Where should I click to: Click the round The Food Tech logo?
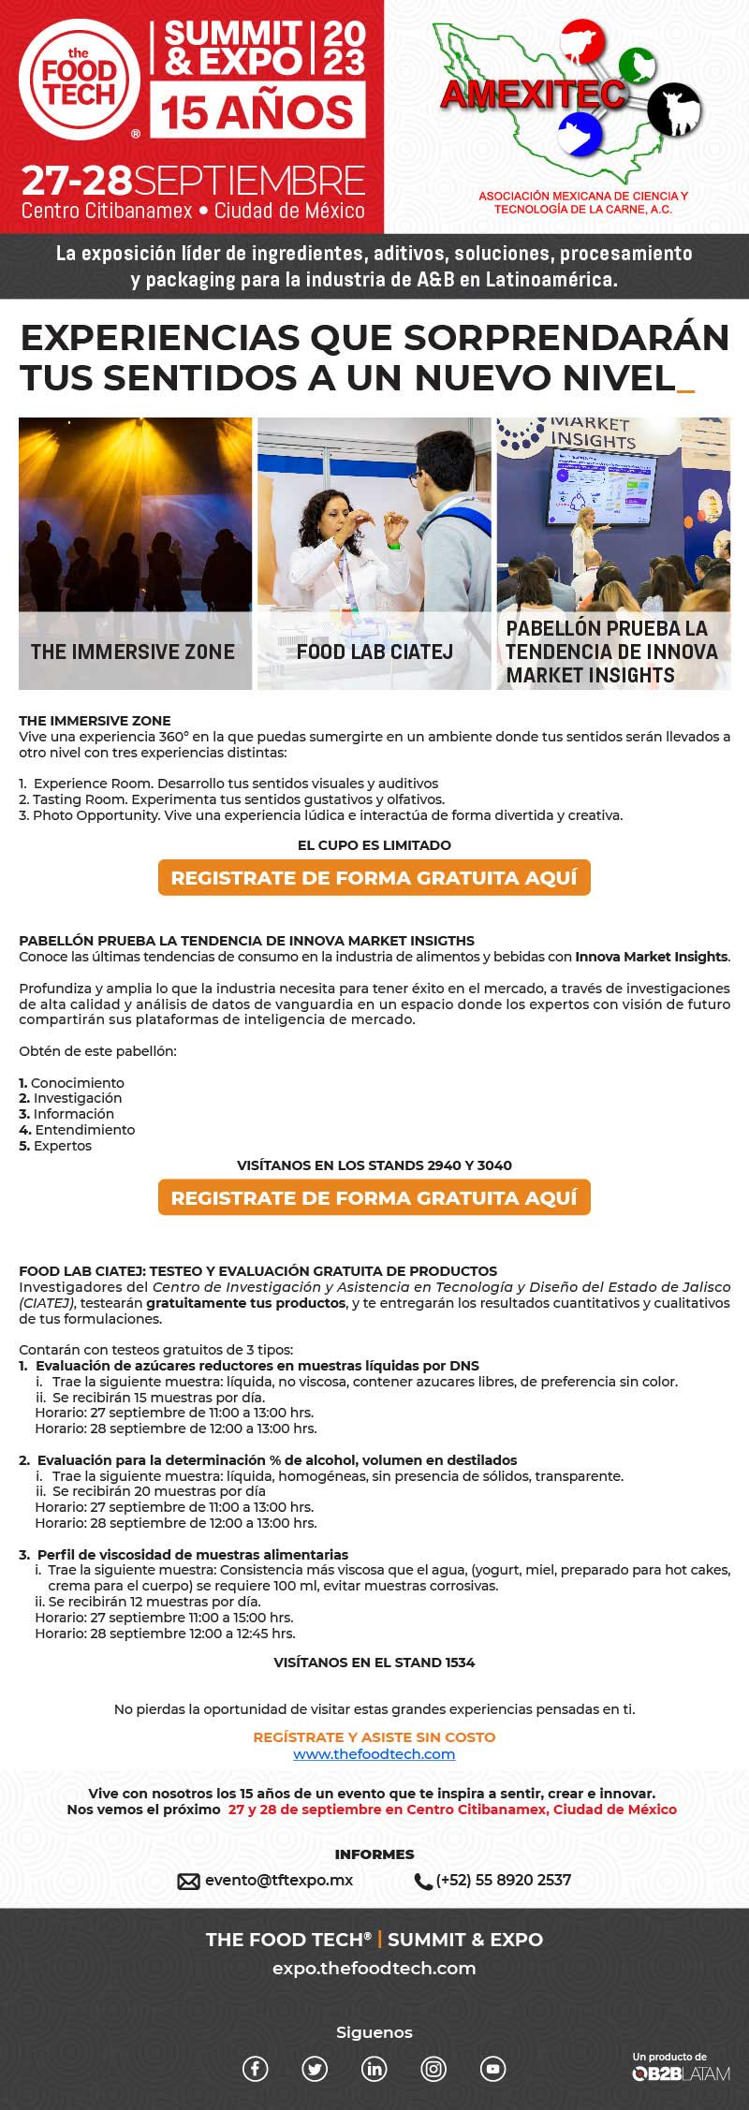click(80, 81)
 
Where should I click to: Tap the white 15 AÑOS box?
click(257, 111)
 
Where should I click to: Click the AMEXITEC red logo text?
click(534, 94)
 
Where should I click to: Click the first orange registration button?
click(374, 878)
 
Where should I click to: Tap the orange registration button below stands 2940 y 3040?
click(374, 1198)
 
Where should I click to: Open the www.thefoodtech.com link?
click(374, 1754)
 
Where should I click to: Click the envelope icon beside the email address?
click(189, 1881)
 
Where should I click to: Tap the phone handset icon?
click(423, 1881)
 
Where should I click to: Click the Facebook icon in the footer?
click(256, 2069)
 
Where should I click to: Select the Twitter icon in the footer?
click(315, 2069)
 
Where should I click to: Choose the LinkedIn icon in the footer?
click(374, 2069)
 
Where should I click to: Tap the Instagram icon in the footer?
click(433, 2069)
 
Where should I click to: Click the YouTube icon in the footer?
click(493, 2069)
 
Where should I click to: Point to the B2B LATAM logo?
click(681, 2073)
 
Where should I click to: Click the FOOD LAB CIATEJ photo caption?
click(374, 652)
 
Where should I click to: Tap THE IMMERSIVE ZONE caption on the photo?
click(133, 652)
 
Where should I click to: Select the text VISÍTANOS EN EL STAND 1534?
click(374, 1663)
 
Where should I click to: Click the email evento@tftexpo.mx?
click(279, 1880)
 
